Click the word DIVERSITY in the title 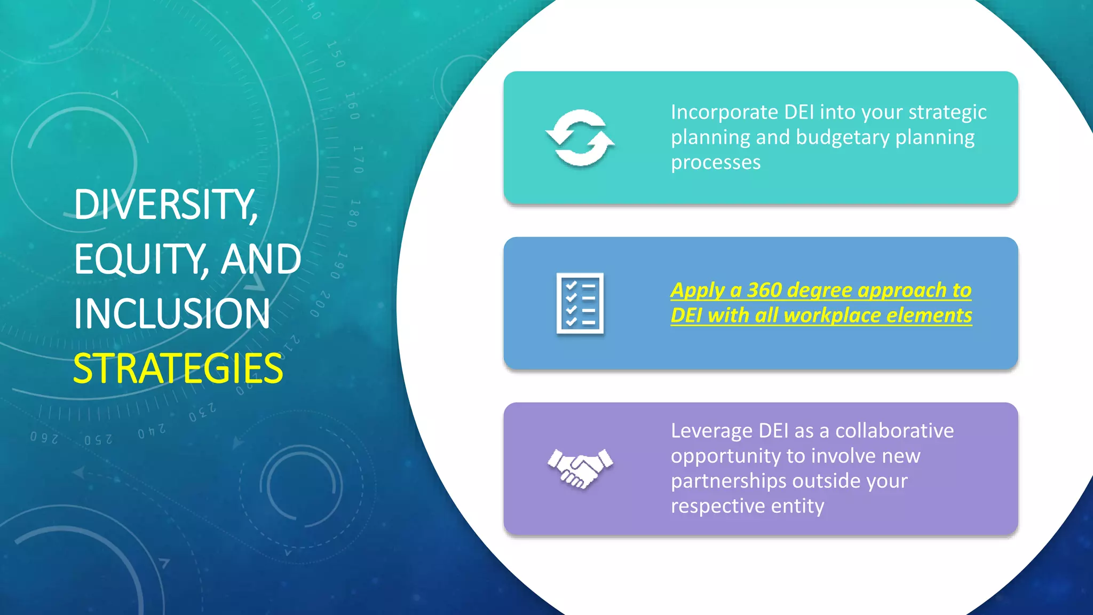[164, 205]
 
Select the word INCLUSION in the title [172, 314]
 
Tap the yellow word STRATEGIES [178, 369]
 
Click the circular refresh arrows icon [580, 138]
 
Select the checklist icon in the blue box [580, 303]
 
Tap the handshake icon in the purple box [580, 468]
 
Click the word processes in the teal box [715, 163]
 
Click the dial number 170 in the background [358, 159]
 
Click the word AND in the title [261, 259]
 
